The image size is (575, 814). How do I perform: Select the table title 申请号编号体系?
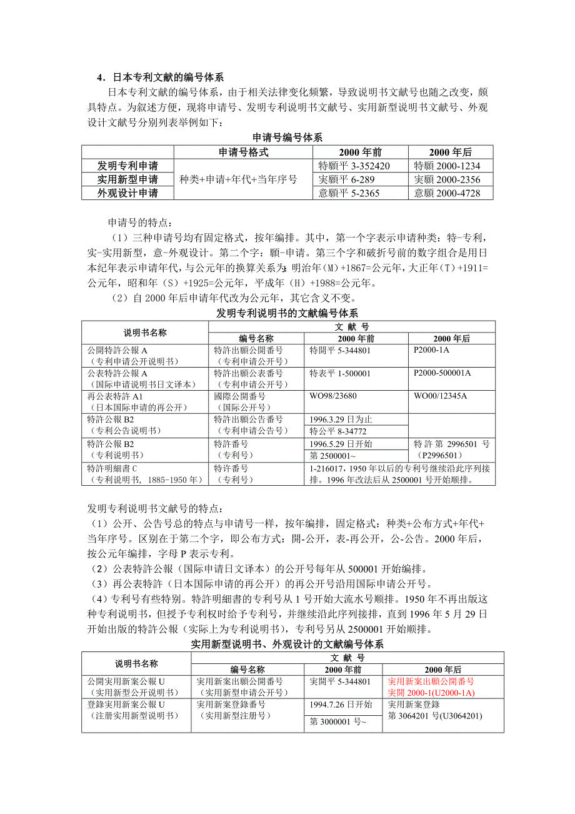coord(287,138)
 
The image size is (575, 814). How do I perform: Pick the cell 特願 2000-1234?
coord(447,166)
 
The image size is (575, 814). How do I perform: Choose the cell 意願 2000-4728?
coord(447,193)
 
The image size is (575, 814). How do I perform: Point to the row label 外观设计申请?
coord(127,193)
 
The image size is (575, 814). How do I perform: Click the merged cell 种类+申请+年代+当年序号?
coord(238,179)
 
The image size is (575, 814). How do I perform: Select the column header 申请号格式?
coord(243,152)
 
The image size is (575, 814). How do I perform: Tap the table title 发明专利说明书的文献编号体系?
coord(287,313)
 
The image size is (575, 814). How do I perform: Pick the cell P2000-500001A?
coord(442,373)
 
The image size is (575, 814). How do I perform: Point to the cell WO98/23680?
coord(333,396)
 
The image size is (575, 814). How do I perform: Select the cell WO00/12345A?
coord(441,396)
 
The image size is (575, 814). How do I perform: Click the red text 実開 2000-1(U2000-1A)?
coord(431,693)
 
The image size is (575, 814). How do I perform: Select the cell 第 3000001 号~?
coord(337,721)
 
